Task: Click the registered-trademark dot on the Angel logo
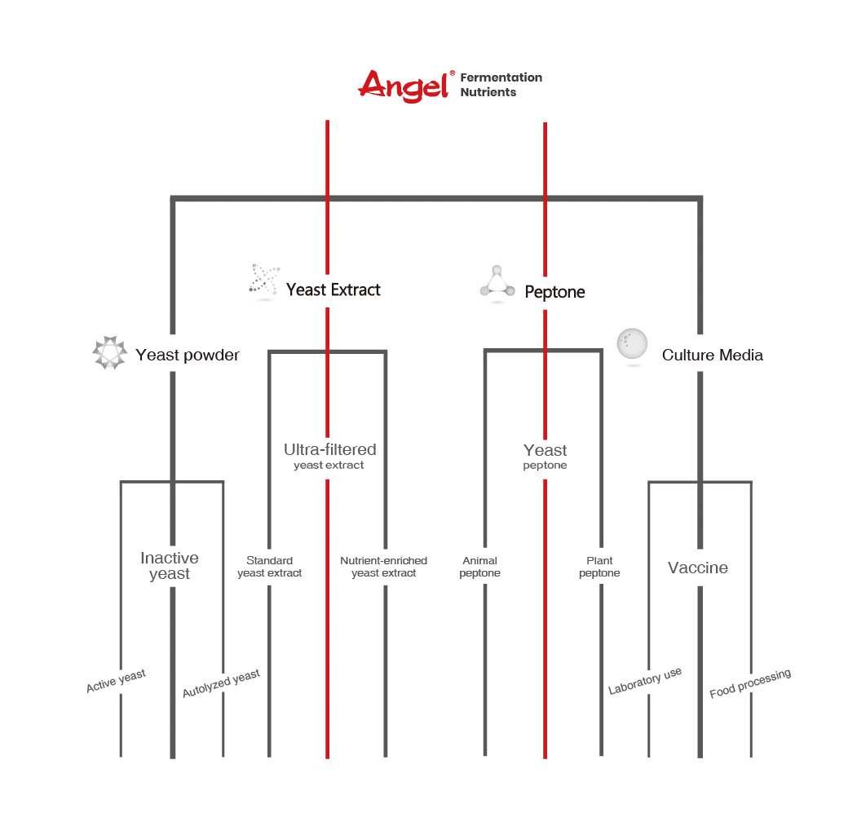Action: pos(451,74)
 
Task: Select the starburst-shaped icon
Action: pos(110,352)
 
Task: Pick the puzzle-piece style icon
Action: pos(264,282)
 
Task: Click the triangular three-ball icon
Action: pos(496,284)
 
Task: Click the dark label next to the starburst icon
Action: pos(188,356)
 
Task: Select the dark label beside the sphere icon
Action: pos(710,356)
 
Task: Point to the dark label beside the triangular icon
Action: pos(554,291)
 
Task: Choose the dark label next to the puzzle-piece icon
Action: pos(335,290)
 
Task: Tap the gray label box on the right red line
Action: pos(544,457)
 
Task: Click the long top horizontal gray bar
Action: pos(436,196)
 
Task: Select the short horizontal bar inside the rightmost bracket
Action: pos(697,567)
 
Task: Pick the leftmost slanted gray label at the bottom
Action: pos(117,683)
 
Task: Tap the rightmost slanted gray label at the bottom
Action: pos(749,685)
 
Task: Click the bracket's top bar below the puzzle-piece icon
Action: pos(329,351)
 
